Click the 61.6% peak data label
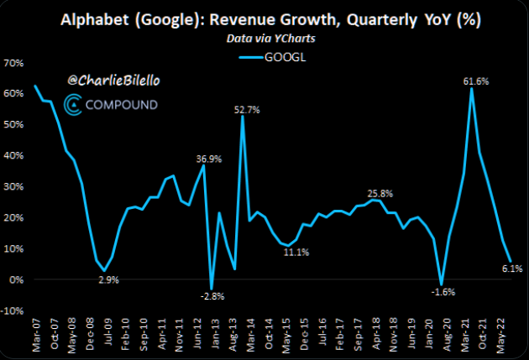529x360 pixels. tap(475, 81)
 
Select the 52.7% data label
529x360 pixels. tap(246, 109)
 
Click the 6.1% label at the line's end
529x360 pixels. tap(511, 269)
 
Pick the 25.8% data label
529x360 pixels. tap(380, 193)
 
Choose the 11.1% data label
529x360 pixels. tap(294, 252)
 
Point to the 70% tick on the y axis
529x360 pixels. tap(14, 63)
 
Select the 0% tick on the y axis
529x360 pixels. tap(17, 279)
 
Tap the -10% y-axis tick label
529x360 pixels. tap(13, 310)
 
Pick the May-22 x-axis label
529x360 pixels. tap(502, 338)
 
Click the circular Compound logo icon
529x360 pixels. tap(74, 105)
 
